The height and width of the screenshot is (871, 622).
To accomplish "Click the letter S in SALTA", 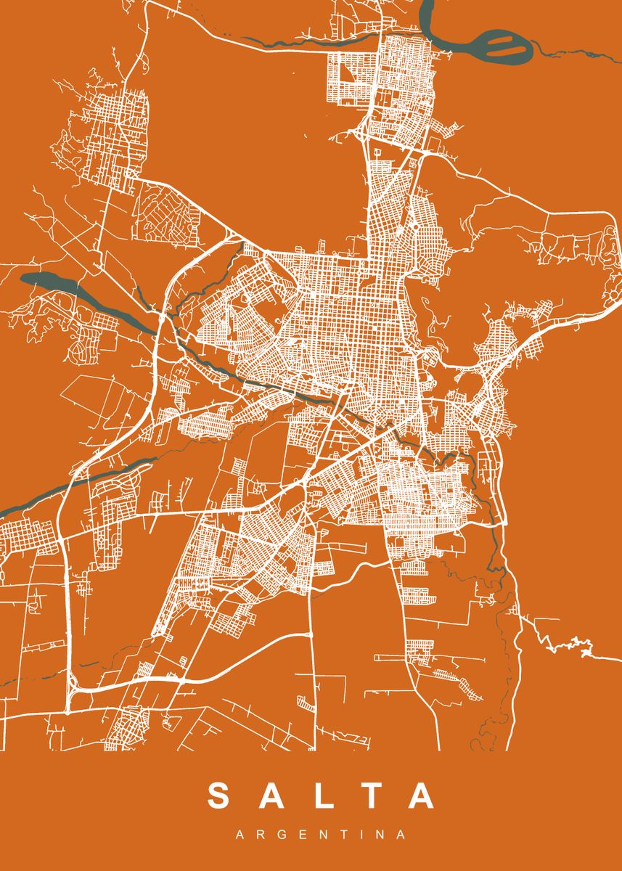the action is tap(220, 796).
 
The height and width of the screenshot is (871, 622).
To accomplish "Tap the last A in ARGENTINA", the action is tap(401, 835).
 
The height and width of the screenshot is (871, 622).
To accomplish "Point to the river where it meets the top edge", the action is tap(426, 4).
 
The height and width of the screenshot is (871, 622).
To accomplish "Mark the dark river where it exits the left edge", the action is tap(3, 508).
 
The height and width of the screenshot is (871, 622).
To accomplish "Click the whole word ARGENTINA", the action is tap(320, 835).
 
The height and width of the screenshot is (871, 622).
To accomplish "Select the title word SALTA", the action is tap(320, 796).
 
